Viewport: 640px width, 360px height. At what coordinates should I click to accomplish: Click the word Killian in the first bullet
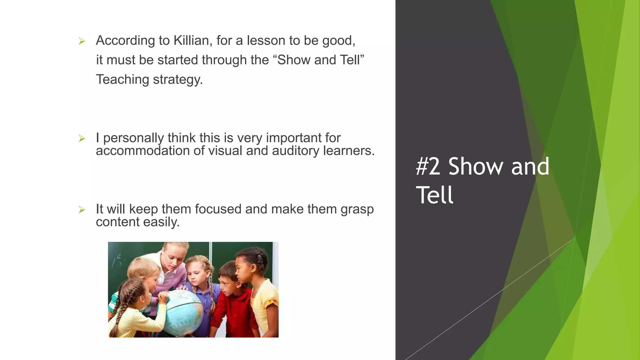191,41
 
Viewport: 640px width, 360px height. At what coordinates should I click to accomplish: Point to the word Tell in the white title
434,195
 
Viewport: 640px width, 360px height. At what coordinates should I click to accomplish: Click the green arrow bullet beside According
82,41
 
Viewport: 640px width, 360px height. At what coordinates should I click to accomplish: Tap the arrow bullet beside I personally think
82,138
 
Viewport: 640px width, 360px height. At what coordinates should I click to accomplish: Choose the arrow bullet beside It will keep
82,209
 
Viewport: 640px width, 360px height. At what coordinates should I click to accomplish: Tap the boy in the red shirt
233,300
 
